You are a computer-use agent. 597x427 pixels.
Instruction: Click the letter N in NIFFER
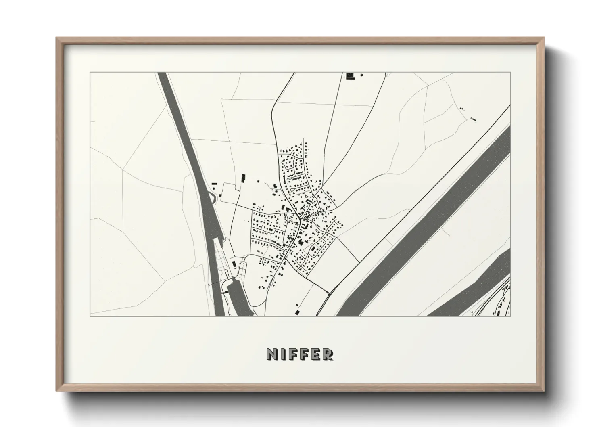271,354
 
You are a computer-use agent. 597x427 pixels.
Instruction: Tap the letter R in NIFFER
328,354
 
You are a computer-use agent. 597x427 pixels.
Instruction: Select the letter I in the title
282,354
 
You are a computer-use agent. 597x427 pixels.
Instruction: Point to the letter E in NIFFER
316,354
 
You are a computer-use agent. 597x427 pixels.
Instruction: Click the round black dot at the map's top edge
361,75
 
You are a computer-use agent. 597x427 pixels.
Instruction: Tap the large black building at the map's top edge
349,75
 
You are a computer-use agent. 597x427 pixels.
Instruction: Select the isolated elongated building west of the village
243,178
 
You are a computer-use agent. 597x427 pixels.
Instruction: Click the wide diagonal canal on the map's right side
424,226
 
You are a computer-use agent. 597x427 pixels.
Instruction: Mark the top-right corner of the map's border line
510,72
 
